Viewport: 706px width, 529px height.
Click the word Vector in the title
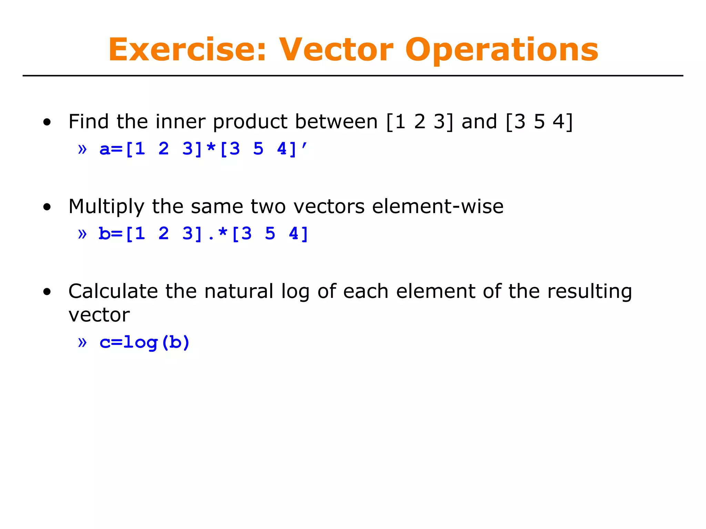[336, 50]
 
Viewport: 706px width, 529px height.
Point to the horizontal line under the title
[353, 76]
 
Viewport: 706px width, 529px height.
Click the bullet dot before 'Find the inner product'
[47, 122]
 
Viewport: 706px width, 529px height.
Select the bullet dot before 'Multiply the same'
[47, 207]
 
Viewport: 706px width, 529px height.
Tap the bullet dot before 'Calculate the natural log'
[47, 292]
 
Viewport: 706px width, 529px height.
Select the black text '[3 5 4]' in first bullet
[539, 122]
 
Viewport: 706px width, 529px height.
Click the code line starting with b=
[203, 234]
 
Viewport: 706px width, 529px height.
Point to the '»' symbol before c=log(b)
[82, 342]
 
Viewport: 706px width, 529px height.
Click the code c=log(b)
[144, 342]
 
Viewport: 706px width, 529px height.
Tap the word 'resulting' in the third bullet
[589, 292]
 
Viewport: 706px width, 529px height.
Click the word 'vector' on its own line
[99, 315]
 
